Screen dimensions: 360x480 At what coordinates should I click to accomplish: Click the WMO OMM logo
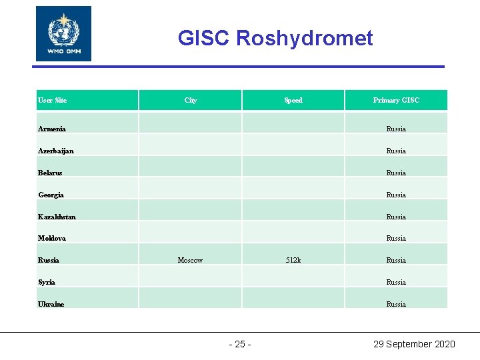(x=63, y=34)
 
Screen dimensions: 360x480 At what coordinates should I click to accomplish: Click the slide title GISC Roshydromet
(x=275, y=39)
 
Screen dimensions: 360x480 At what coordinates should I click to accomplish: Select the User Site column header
(x=52, y=101)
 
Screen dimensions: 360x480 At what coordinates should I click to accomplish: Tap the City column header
(x=191, y=101)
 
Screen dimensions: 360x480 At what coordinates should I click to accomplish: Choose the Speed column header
(x=293, y=101)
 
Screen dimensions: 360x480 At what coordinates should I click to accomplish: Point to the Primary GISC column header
(x=396, y=101)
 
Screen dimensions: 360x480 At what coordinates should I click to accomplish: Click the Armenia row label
(x=51, y=129)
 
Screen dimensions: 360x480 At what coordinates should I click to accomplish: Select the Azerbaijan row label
(x=55, y=151)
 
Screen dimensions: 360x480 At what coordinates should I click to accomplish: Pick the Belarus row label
(x=50, y=173)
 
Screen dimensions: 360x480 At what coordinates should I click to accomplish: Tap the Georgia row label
(x=51, y=195)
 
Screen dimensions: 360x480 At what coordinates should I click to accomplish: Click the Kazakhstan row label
(x=57, y=217)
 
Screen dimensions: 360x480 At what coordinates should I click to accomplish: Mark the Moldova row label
(x=51, y=238)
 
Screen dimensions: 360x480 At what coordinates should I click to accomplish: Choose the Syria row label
(x=47, y=282)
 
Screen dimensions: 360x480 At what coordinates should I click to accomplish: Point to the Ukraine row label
(x=51, y=304)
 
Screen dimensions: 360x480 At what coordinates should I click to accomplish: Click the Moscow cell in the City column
(x=190, y=260)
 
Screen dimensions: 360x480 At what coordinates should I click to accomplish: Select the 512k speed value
(x=293, y=260)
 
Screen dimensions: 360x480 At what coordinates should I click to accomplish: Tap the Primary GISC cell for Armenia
(x=396, y=129)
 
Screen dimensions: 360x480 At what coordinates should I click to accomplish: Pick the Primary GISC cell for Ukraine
(x=396, y=304)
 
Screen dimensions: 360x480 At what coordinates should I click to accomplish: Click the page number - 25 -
(x=240, y=344)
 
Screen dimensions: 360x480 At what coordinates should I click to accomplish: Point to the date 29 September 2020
(x=414, y=344)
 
